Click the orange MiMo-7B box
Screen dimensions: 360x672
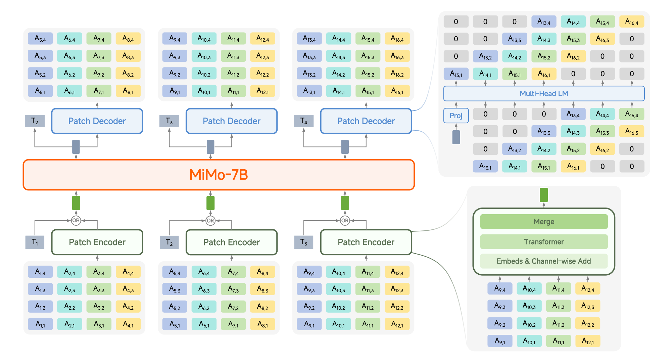[219, 175]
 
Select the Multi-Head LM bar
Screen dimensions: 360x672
[543, 93]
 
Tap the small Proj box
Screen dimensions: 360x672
[456, 116]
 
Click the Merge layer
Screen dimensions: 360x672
[543, 222]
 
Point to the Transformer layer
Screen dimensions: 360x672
[543, 242]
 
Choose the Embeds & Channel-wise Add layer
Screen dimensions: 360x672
[543, 261]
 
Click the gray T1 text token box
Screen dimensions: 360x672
[35, 242]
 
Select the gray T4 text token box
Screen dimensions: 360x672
[303, 121]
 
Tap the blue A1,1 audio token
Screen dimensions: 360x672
[40, 324]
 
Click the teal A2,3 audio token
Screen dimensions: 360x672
[69, 289]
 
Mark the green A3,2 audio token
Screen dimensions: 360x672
[99, 307]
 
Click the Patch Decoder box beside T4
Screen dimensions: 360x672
[366, 121]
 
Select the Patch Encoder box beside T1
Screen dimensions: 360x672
[97, 242]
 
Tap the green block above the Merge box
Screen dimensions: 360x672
[544, 195]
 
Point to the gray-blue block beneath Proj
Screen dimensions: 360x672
[456, 137]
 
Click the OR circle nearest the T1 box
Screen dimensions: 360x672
[76, 221]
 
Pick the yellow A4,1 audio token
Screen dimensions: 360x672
[128, 324]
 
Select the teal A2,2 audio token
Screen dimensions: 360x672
[69, 307]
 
